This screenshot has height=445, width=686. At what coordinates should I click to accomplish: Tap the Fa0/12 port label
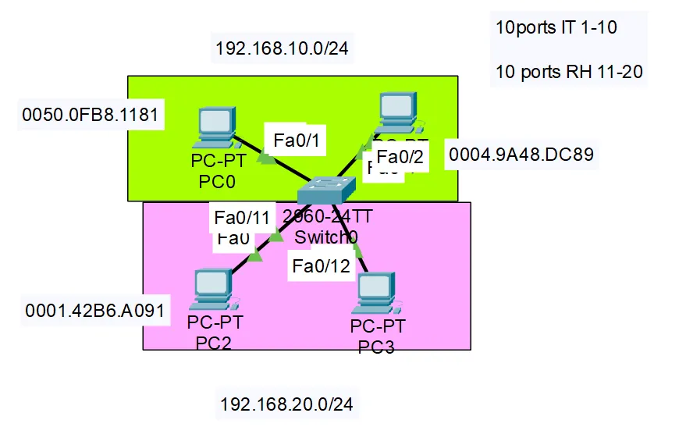[322, 266]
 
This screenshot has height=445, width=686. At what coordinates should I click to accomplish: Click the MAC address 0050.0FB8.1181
[91, 116]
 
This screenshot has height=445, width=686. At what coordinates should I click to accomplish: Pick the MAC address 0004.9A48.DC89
[521, 155]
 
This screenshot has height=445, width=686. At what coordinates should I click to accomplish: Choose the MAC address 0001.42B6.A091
[94, 311]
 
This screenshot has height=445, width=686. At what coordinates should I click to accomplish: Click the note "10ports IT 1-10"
[556, 27]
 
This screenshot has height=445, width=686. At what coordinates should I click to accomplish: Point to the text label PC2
[208, 340]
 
